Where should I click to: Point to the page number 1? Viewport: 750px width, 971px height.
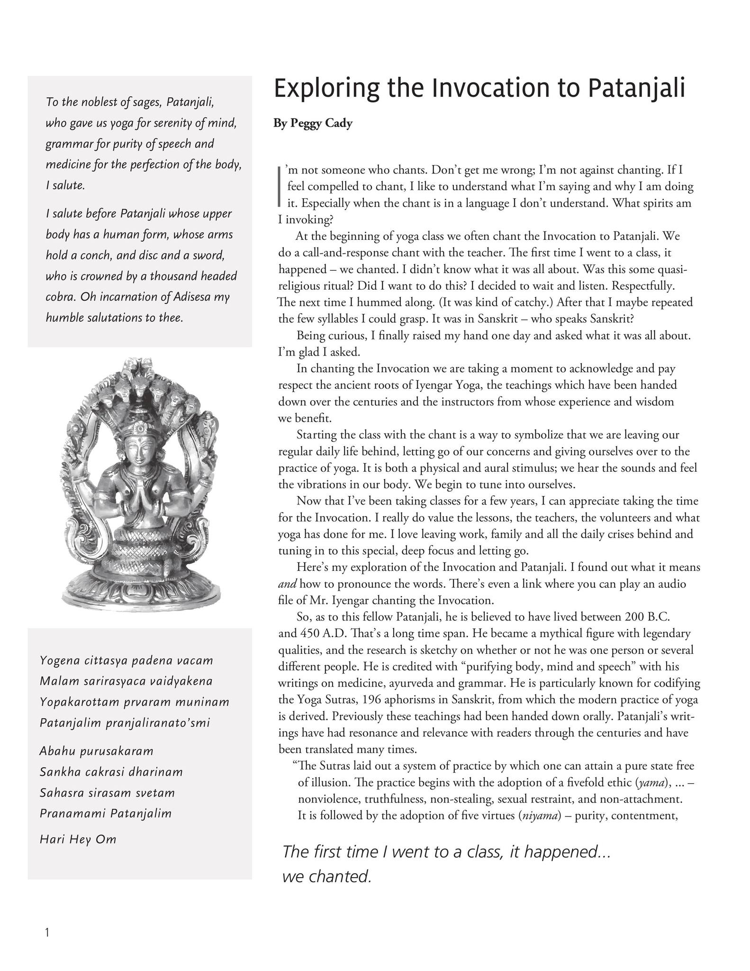[x=46, y=933]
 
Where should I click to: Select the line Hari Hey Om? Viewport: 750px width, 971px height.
[x=78, y=839]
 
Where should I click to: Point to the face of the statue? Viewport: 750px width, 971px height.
[x=137, y=448]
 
